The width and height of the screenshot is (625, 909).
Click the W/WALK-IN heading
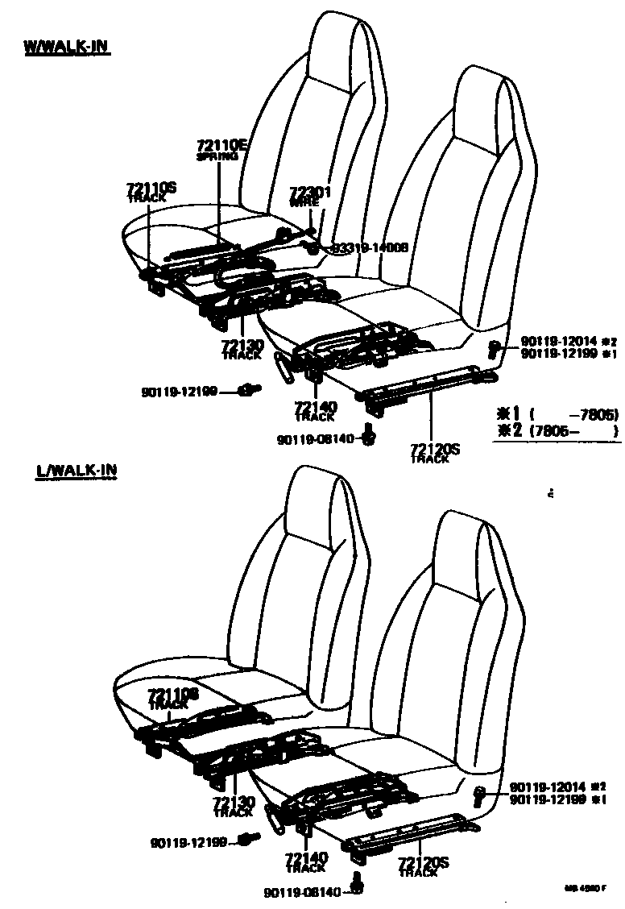coord(67,48)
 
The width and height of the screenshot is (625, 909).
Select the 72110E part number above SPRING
coord(221,146)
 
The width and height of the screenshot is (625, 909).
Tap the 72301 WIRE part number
coord(311,193)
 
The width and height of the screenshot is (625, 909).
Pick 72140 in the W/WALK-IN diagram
coord(316,407)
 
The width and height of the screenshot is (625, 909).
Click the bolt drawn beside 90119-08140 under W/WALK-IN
coord(369,436)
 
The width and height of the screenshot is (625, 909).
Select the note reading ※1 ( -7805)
coord(556,415)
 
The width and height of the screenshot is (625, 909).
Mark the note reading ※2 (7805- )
coord(556,431)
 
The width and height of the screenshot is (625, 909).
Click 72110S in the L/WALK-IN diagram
coord(173,694)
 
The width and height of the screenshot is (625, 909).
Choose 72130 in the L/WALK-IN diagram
coord(234,803)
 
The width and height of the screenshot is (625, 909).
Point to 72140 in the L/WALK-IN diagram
coord(306,858)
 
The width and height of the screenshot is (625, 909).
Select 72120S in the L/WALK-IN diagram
coord(423,864)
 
